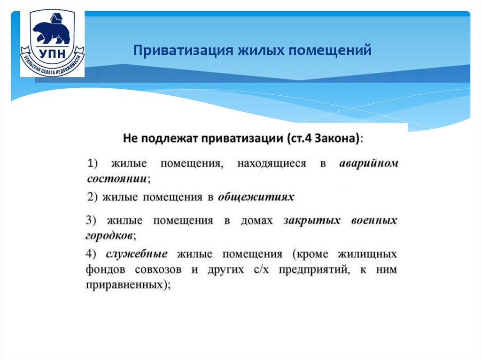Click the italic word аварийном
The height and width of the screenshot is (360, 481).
pyautogui.click(x=368, y=164)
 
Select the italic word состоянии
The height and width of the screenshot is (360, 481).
pyautogui.click(x=116, y=179)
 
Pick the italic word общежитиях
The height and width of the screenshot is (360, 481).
pyautogui.click(x=256, y=197)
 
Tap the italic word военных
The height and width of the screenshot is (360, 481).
pyautogui.click(x=374, y=220)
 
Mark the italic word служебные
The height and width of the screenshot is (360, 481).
pyautogui.click(x=137, y=254)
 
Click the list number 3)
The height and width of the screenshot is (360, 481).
pyautogui.click(x=91, y=220)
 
